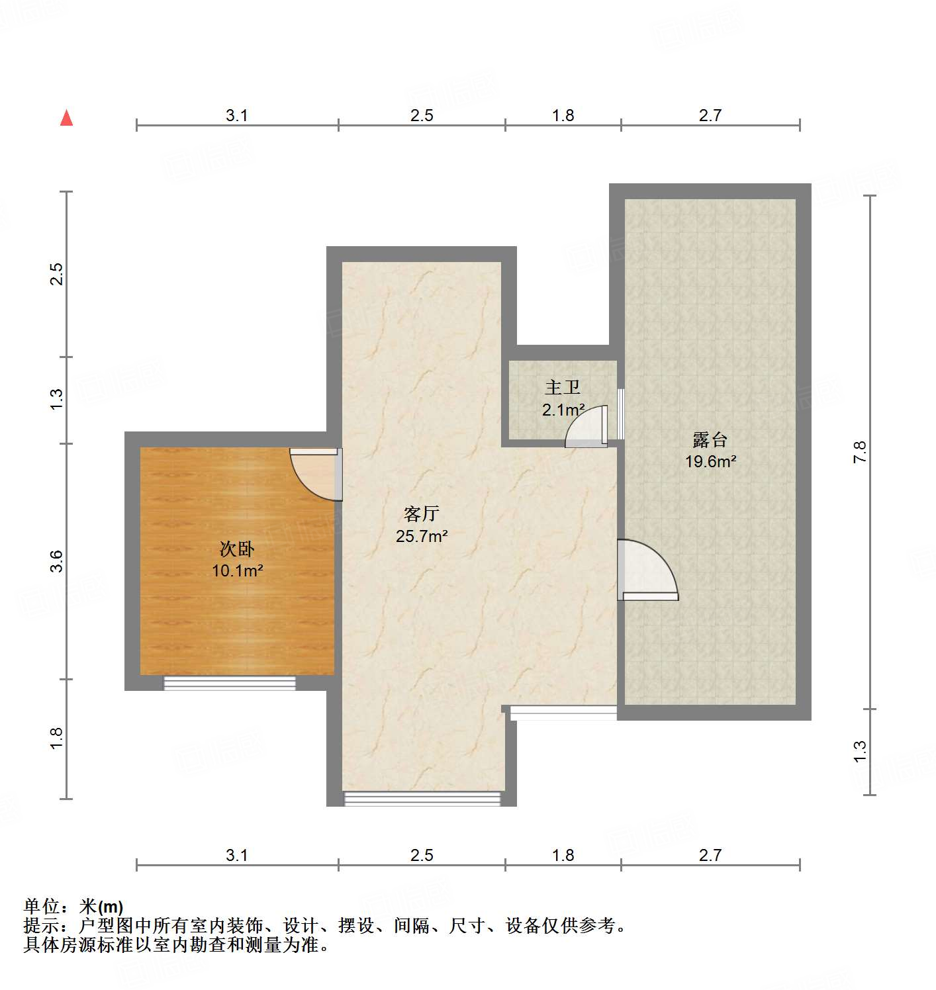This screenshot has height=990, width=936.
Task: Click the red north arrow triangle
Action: (66, 118)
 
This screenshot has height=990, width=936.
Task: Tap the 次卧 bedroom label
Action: (237, 549)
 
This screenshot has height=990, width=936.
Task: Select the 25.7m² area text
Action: (422, 536)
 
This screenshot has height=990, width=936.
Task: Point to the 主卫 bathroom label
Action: (563, 387)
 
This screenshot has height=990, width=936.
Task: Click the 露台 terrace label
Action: (710, 439)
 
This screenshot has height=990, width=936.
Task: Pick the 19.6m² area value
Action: (710, 461)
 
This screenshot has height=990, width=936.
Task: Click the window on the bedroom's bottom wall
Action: (230, 683)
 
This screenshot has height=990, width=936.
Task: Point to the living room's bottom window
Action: (422, 799)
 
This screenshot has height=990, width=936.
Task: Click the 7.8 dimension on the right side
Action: (859, 452)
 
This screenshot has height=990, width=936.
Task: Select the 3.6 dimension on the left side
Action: (57, 561)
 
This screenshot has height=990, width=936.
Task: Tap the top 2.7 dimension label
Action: (710, 115)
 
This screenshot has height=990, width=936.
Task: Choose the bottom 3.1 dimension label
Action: (237, 855)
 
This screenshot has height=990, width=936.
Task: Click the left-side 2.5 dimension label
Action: (57, 274)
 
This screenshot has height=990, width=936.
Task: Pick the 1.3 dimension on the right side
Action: (859, 751)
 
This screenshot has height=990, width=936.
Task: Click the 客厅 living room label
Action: (422, 514)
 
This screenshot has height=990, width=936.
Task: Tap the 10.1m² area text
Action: (237, 570)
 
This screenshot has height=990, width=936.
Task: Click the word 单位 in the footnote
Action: (42, 906)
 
